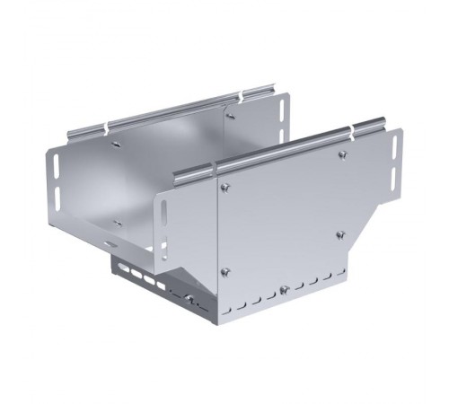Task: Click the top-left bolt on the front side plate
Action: (x=224, y=187)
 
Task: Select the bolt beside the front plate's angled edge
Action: (x=340, y=235)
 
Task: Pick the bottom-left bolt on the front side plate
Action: (x=225, y=270)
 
